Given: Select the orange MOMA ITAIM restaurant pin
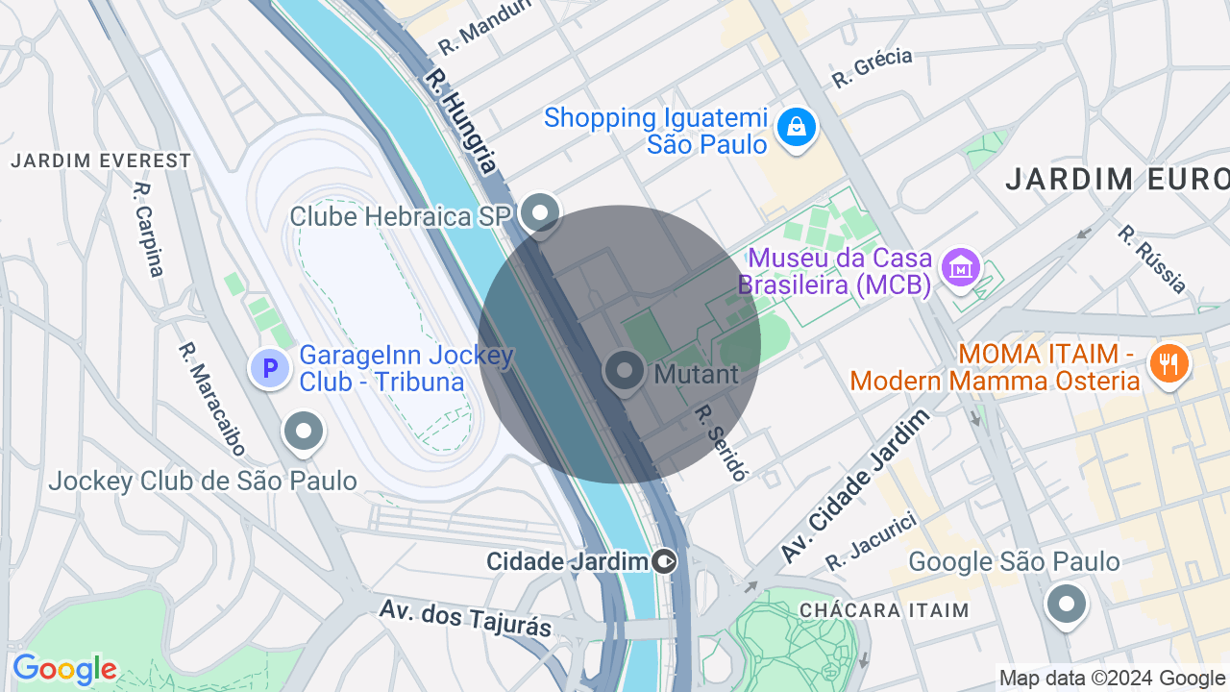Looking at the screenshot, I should click(1169, 364).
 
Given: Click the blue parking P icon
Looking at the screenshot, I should click(270, 368).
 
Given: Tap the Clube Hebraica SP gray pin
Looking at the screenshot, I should click(540, 213).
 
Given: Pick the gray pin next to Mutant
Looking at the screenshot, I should click(625, 371).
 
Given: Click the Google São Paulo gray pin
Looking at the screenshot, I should click(1066, 605).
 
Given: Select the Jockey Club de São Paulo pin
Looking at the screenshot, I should click(304, 432).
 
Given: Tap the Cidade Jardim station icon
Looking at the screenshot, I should click(664, 561).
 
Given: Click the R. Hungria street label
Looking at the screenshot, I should click(463, 120).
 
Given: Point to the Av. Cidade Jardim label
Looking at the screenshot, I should click(855, 486).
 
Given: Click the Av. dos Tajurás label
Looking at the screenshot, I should click(466, 618).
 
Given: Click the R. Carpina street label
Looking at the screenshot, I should click(149, 230).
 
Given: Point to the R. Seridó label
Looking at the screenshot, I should click(721, 442).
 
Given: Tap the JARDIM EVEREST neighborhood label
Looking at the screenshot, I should click(101, 161).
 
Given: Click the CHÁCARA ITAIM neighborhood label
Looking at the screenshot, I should click(884, 610).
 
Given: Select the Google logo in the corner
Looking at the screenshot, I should click(64, 670).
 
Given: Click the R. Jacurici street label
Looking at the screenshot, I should click(872, 541).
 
